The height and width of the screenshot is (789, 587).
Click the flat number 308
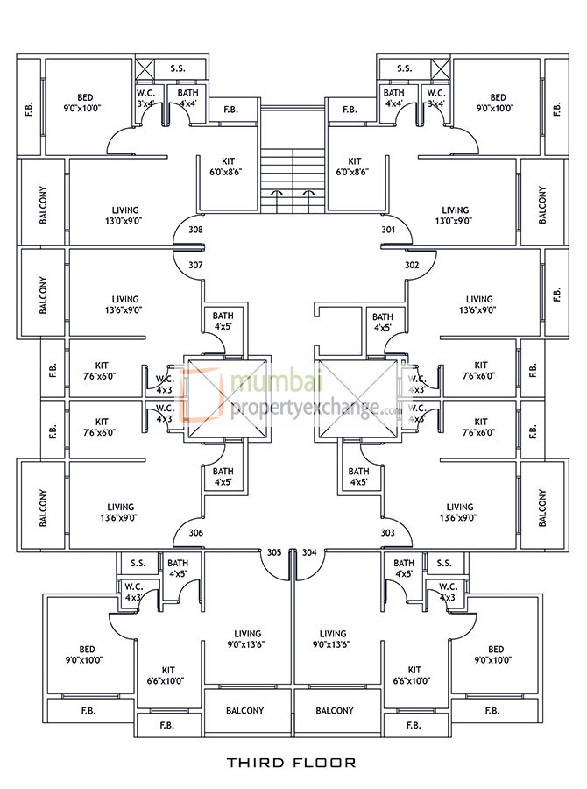click(196, 230)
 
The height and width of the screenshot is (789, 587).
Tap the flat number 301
click(388, 230)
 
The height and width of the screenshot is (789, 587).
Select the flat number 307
click(196, 265)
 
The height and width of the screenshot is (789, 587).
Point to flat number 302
click(388, 265)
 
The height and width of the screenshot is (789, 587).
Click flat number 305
click(274, 552)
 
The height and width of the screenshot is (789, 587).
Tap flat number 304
click(309, 552)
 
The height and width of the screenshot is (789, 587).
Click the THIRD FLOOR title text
click(292, 763)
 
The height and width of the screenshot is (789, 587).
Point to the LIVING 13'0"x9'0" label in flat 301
click(456, 216)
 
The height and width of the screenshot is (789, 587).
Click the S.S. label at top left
click(176, 68)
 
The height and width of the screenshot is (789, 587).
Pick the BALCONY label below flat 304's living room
click(335, 711)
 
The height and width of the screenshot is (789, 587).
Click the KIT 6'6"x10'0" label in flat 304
click(414, 675)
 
